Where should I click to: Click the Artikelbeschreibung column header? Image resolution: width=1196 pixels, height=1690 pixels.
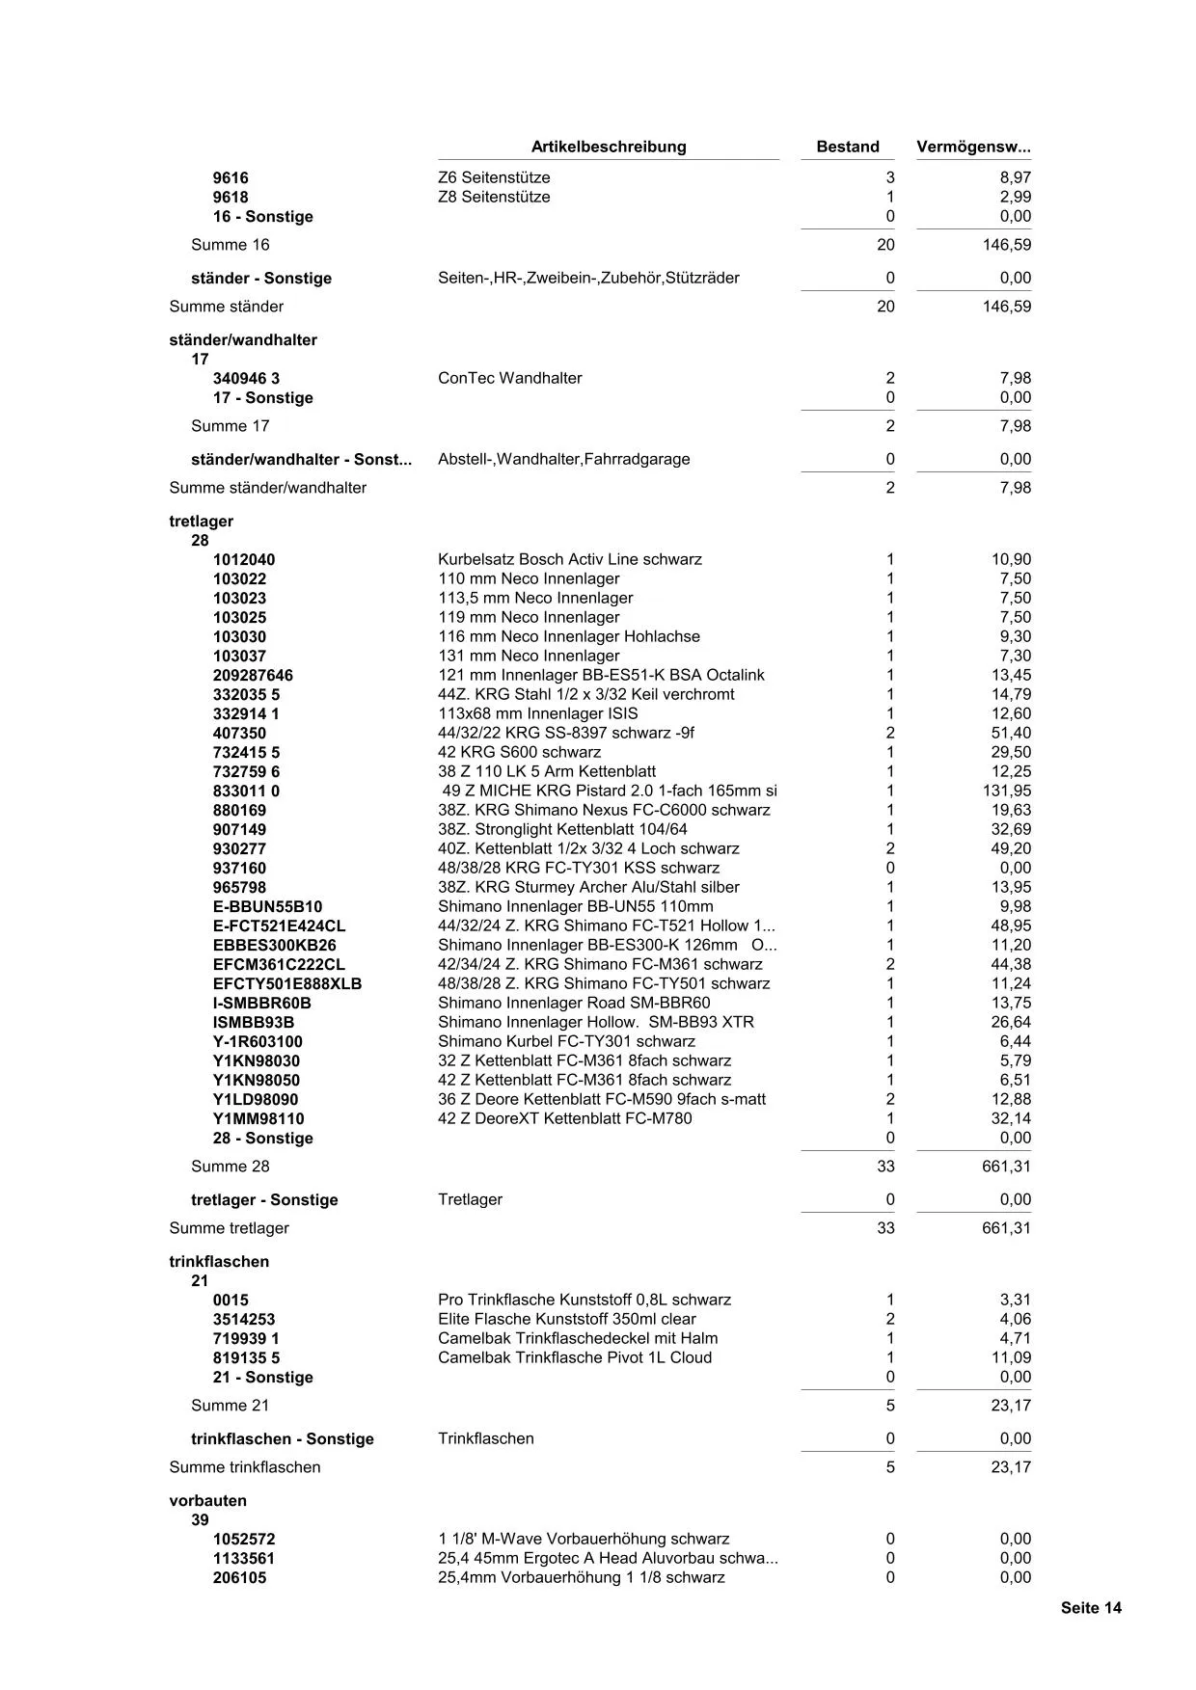tap(609, 147)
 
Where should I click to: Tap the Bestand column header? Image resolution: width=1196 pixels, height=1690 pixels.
tap(847, 147)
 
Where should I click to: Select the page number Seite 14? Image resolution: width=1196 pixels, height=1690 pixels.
tap(1091, 1607)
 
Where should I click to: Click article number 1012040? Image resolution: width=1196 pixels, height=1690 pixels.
tap(243, 559)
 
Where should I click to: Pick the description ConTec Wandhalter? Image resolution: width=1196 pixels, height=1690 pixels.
tap(509, 378)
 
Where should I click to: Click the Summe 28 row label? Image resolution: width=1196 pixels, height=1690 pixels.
tap(231, 1166)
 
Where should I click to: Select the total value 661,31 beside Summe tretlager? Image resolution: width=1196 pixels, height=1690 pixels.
tap(1006, 1227)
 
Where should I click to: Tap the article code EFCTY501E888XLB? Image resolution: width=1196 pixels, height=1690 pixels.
tap(286, 983)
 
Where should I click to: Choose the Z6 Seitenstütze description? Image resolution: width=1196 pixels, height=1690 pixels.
tap(494, 177)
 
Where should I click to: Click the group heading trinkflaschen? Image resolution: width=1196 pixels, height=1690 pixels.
tap(219, 1261)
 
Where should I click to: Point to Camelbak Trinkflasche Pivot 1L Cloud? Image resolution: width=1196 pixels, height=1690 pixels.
tap(575, 1357)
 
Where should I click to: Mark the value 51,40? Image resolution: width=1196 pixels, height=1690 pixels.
tap(1011, 733)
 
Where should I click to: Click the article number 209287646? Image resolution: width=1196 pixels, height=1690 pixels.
tap(253, 675)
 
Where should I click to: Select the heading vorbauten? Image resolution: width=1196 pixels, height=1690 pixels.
tap(207, 1500)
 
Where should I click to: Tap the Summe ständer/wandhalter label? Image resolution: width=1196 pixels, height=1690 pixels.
tap(267, 487)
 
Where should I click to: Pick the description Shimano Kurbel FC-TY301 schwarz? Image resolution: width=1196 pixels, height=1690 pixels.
tap(566, 1041)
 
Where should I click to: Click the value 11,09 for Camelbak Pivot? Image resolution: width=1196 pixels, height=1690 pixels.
tap(1011, 1357)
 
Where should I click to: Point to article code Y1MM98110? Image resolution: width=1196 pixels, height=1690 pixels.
tap(258, 1118)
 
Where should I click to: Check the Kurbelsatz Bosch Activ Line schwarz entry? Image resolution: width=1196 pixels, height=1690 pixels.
tap(569, 559)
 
